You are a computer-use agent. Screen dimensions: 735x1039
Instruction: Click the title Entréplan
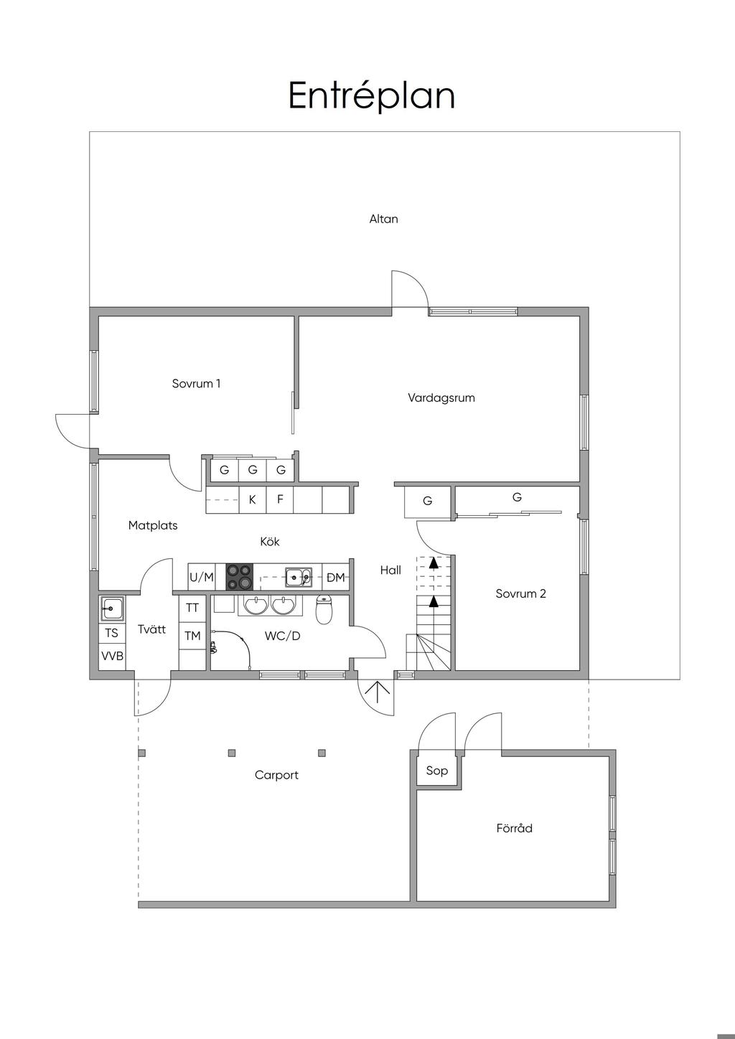[372, 95]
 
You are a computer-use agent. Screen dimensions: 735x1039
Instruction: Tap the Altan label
[383, 219]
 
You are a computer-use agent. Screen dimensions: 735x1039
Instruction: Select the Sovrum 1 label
[196, 383]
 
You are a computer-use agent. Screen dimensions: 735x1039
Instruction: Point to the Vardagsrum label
[441, 398]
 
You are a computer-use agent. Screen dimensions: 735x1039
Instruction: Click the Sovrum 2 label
[520, 593]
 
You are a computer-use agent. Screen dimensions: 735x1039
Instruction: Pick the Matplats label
[153, 525]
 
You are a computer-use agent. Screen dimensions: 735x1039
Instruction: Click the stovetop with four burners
[239, 577]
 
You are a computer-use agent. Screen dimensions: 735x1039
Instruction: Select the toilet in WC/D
[324, 611]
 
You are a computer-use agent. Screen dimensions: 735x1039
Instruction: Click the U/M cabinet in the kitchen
[202, 577]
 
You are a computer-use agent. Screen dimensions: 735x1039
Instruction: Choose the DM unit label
[335, 577]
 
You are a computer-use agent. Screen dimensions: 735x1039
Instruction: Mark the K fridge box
[252, 499]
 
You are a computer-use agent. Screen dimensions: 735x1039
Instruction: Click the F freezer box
[280, 499]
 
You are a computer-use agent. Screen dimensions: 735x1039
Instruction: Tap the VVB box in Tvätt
[112, 656]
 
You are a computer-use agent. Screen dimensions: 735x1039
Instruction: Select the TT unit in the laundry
[192, 608]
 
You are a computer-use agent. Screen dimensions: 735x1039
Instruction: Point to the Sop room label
[436, 771]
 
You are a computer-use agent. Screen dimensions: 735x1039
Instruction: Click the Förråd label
[514, 828]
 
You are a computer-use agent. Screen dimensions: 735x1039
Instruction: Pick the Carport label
[276, 775]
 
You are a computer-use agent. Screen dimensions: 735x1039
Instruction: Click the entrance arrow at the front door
[378, 691]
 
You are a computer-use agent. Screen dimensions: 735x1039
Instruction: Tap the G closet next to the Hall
[427, 501]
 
